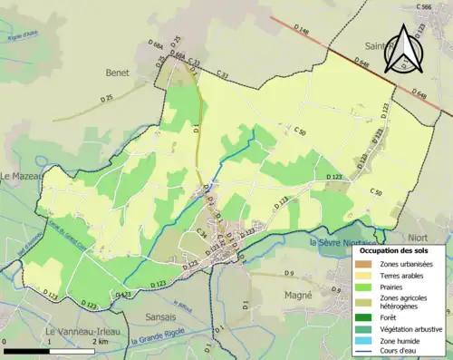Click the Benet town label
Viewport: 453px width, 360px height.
tap(117, 72)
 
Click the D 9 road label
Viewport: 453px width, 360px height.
tap(290, 273)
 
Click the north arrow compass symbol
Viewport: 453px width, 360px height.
tap(401, 50)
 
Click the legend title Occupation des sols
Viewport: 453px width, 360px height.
tap(400, 249)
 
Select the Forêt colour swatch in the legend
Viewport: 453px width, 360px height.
tap(365, 317)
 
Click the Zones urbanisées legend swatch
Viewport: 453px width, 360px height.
tap(365, 262)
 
